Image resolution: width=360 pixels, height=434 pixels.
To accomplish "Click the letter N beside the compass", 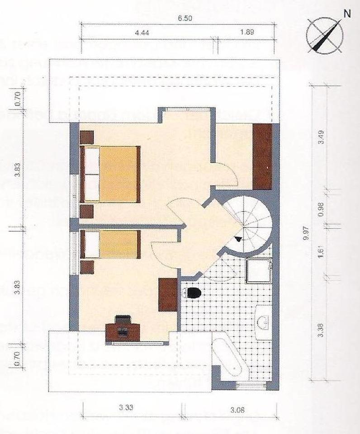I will pos(347,14).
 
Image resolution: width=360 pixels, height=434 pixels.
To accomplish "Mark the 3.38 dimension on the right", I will pos(321,332).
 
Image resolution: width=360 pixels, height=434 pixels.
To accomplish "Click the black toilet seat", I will pos(193,293).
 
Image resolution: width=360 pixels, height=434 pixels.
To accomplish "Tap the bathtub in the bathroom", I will pos(229,357).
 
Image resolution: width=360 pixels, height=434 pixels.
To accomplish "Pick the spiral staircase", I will pos(249,222).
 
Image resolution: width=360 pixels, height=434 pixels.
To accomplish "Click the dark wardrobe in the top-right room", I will pos(262,156).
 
